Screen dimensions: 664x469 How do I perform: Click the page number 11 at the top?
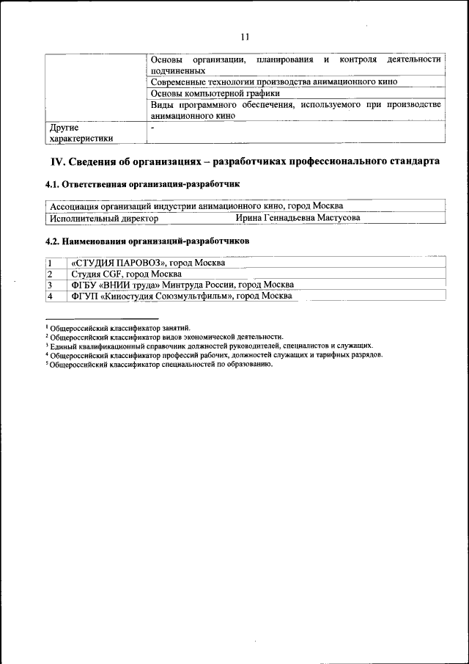coord(245,37)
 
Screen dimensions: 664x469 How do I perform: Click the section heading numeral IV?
coord(57,161)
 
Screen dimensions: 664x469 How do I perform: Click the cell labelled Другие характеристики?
coord(81,132)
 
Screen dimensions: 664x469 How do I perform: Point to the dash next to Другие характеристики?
coord(152,128)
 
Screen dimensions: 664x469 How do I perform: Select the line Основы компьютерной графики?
coord(215,93)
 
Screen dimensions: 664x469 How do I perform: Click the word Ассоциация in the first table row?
coord(75,206)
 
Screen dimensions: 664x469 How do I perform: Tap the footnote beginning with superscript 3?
coord(208,345)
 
